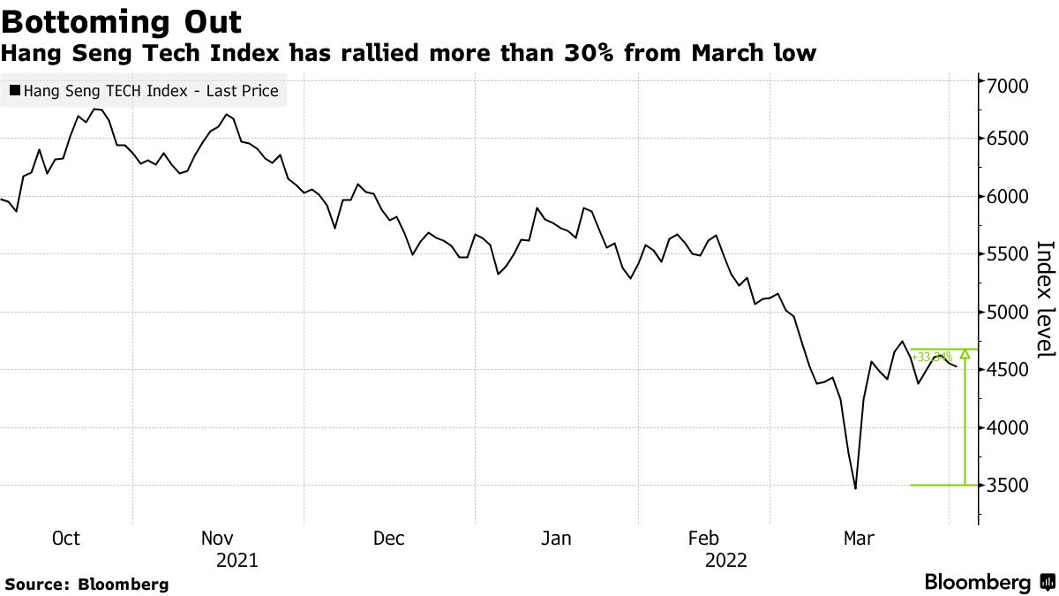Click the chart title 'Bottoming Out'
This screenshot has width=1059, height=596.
point(122,21)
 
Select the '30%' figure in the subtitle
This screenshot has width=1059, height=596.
point(589,55)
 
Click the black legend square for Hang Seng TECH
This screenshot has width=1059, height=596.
point(15,90)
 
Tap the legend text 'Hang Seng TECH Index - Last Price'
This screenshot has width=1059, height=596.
point(151,90)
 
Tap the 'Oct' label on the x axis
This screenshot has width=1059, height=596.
point(66,539)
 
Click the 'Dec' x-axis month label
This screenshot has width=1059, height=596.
point(388,539)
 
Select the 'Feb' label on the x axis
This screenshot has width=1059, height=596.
point(703,539)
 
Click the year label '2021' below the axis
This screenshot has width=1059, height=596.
point(237,561)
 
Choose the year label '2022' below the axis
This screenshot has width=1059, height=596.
point(725,561)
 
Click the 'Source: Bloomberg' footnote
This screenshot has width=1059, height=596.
point(86,585)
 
